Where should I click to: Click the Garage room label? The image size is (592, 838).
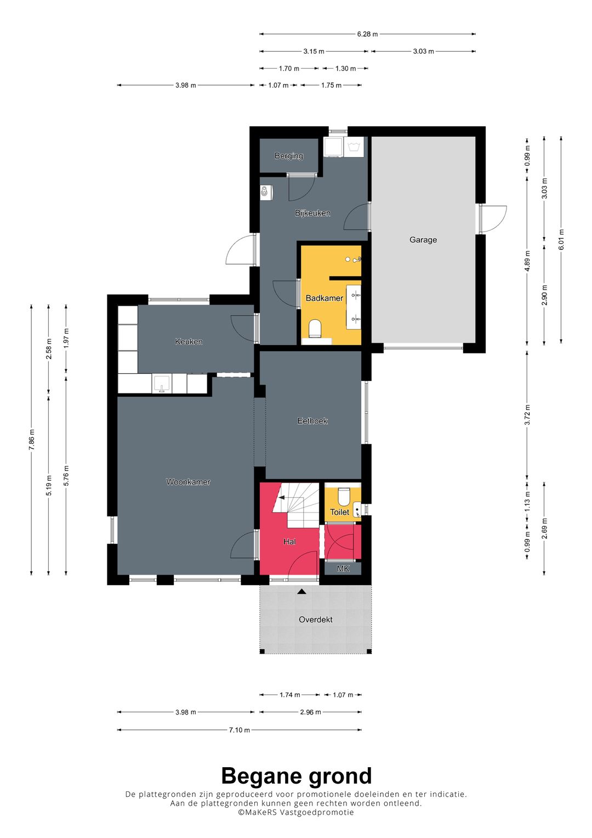click(423, 240)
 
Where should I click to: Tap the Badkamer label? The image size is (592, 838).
click(324, 298)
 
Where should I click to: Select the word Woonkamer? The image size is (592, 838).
click(188, 482)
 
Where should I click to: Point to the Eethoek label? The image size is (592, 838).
click(312, 421)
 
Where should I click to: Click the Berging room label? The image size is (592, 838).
click(288, 156)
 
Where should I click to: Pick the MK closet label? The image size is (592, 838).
click(343, 569)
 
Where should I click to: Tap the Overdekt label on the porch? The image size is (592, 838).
click(315, 620)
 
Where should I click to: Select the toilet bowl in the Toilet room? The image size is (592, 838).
click(343, 496)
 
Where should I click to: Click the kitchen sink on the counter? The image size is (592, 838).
click(162, 384)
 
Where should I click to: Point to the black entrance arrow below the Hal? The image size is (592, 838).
click(302, 592)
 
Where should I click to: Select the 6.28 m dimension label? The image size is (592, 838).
click(367, 34)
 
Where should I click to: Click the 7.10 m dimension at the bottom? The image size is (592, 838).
click(239, 729)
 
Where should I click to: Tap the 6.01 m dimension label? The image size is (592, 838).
click(561, 239)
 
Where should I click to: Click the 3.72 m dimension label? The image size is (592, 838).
click(527, 415)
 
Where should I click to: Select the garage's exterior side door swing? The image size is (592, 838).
click(493, 220)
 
